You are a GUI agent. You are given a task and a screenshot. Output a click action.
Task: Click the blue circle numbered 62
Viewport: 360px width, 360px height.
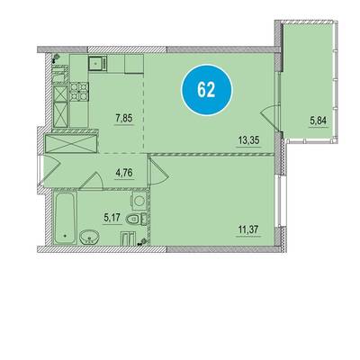207,89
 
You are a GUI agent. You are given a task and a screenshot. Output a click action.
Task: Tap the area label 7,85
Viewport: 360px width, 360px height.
123,119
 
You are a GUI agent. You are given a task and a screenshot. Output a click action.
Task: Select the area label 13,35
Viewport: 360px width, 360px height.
248,140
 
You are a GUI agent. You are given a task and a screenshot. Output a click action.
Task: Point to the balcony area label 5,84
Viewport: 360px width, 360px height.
318,121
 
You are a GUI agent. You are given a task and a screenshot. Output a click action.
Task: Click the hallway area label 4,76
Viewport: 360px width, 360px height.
124,173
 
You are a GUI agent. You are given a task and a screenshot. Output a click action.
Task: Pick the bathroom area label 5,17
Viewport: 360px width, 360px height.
112,218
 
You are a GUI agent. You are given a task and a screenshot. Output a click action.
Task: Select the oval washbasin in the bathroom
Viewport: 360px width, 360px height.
89,238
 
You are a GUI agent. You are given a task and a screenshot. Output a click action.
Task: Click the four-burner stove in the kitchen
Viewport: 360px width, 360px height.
79,92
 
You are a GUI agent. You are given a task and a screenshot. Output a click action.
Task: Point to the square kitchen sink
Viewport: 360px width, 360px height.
97,63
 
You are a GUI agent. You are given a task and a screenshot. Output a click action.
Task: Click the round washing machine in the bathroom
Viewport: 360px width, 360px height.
139,201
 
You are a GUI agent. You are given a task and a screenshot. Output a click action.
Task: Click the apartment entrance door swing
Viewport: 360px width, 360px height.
51,171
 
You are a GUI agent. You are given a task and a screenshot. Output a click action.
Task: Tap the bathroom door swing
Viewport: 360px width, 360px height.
92,181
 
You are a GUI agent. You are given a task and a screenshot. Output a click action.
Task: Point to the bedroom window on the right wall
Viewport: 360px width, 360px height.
279,202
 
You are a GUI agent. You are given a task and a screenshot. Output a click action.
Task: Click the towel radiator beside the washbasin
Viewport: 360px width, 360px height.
127,238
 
